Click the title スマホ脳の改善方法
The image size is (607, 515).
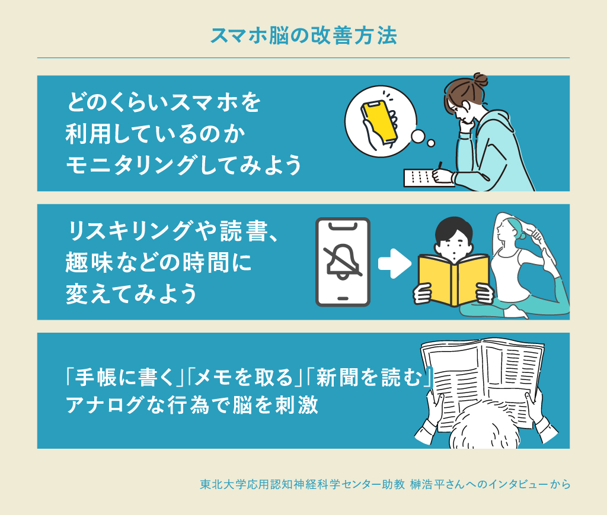[303, 35]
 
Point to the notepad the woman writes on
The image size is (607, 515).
[424, 177]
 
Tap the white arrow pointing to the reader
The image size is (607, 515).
[394, 263]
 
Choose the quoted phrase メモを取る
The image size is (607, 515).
[243, 376]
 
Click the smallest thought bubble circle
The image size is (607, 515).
[431, 142]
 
